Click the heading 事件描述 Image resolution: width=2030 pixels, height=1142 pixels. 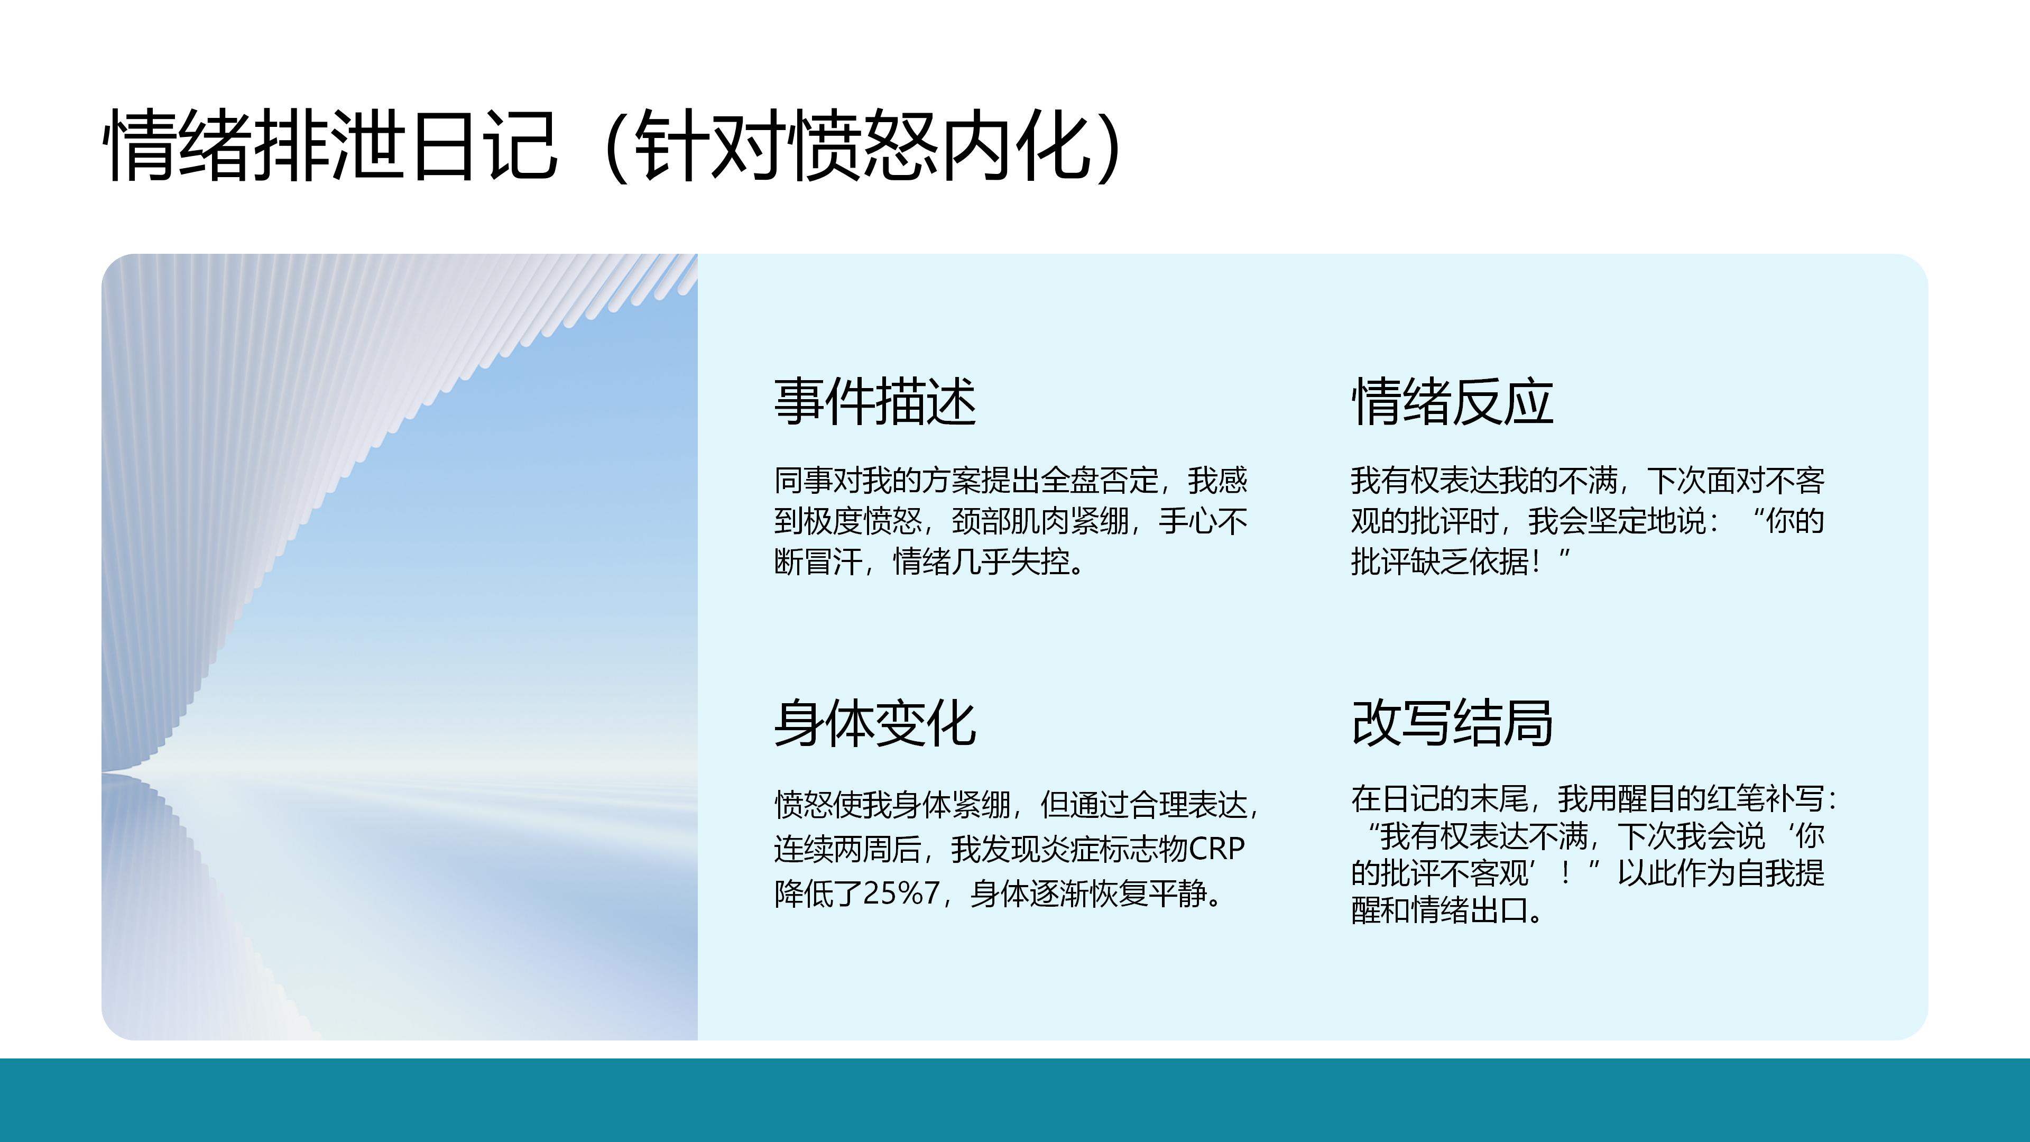point(875,401)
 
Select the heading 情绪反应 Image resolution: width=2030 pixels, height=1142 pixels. point(1452,401)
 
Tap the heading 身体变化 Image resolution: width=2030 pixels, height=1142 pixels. point(875,723)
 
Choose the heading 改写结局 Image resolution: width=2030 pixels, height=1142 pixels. point(1452,723)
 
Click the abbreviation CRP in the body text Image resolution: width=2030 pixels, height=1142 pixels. point(1216,849)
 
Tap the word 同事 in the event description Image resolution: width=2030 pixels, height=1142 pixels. point(803,480)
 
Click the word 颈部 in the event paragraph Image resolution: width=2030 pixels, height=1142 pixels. point(981,521)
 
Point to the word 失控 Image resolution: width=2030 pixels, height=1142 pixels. point(1040,562)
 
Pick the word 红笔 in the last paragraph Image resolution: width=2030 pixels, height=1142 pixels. point(1734,798)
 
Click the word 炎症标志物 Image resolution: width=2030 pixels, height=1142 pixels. point(1113,849)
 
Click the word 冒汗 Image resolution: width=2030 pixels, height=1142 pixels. point(833,562)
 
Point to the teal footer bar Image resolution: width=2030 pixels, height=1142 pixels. point(1015,1100)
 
